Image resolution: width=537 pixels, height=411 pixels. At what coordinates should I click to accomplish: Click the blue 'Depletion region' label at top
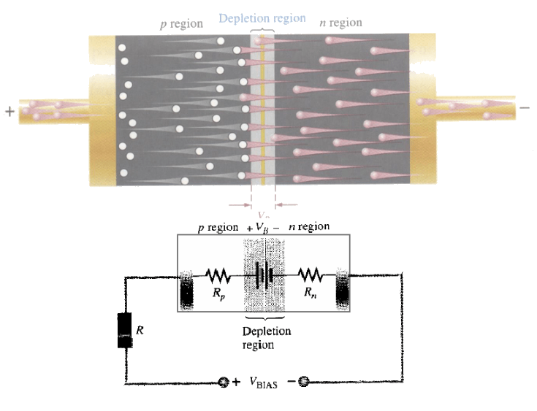262,18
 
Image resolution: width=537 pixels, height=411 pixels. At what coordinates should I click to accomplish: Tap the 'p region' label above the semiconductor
181,23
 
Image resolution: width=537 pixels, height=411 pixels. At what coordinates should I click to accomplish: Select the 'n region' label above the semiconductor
340,23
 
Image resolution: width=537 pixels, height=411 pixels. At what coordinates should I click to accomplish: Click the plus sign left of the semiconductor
9,112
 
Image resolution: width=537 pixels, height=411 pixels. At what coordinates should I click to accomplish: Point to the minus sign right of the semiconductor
525,108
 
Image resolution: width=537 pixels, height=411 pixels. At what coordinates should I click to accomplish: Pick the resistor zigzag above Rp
219,276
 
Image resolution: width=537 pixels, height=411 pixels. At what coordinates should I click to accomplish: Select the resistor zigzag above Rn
310,276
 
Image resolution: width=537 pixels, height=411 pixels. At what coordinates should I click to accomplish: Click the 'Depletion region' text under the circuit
266,337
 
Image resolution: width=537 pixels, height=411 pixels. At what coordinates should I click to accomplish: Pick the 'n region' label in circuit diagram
308,227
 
